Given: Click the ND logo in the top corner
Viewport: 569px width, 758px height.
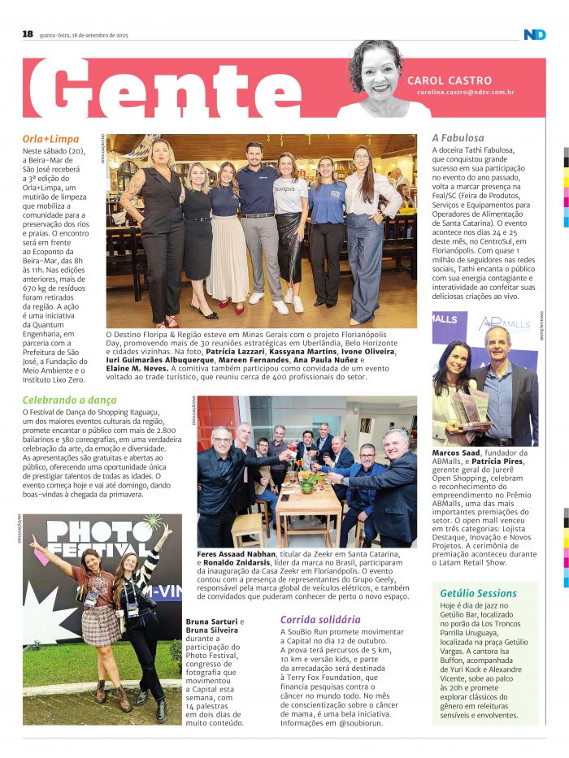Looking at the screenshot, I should coord(534,34).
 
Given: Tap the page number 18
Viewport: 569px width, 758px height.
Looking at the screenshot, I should coord(28,34).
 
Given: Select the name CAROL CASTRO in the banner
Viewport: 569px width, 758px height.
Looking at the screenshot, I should coord(450,80).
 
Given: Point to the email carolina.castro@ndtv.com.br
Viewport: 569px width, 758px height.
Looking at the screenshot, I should coord(466,93).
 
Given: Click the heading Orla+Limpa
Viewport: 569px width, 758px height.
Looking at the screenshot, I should coord(50,139).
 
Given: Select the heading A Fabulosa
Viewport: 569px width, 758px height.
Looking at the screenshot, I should coord(458,138).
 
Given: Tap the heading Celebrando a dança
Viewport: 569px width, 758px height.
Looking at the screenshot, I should coord(69,400).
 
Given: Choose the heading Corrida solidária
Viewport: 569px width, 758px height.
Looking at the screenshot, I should coord(320,619).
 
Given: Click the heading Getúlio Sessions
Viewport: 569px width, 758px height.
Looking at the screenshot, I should coord(479,593).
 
